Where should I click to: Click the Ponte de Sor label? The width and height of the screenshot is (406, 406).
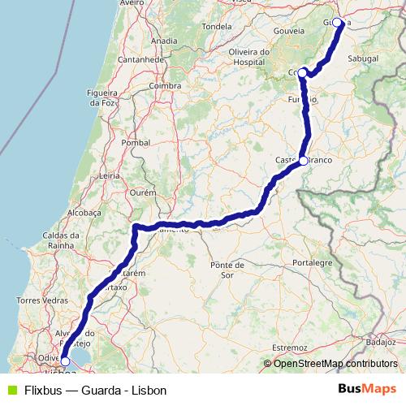coord(227,270)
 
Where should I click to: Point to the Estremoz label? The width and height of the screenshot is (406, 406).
coord(291,347)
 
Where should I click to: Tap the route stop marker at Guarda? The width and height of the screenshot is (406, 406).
coord(338,23)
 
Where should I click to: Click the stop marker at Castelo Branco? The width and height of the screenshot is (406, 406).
coord(303,161)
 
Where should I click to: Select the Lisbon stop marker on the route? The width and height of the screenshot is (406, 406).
coord(64,363)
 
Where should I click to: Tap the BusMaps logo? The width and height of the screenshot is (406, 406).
coord(368,390)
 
